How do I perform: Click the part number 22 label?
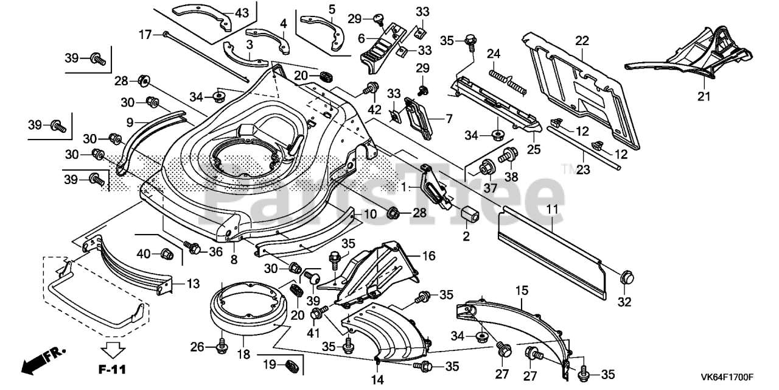(x=582, y=41)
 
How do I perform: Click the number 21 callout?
(x=704, y=96)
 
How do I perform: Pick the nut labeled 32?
(x=626, y=278)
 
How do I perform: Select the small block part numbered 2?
(x=469, y=214)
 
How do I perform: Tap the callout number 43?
(x=242, y=12)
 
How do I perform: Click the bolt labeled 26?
(x=222, y=347)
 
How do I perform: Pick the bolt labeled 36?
(x=193, y=247)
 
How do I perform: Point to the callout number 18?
(x=243, y=353)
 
